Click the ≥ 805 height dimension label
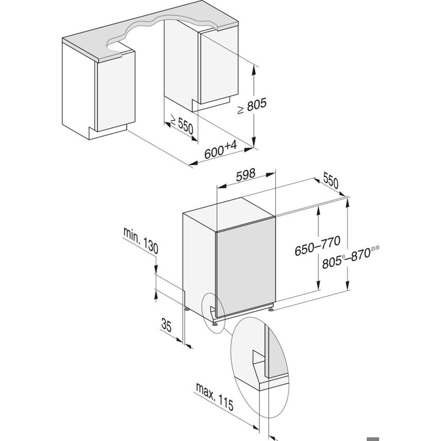(252, 106)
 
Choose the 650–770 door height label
(317, 246)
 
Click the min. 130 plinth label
(141, 240)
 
